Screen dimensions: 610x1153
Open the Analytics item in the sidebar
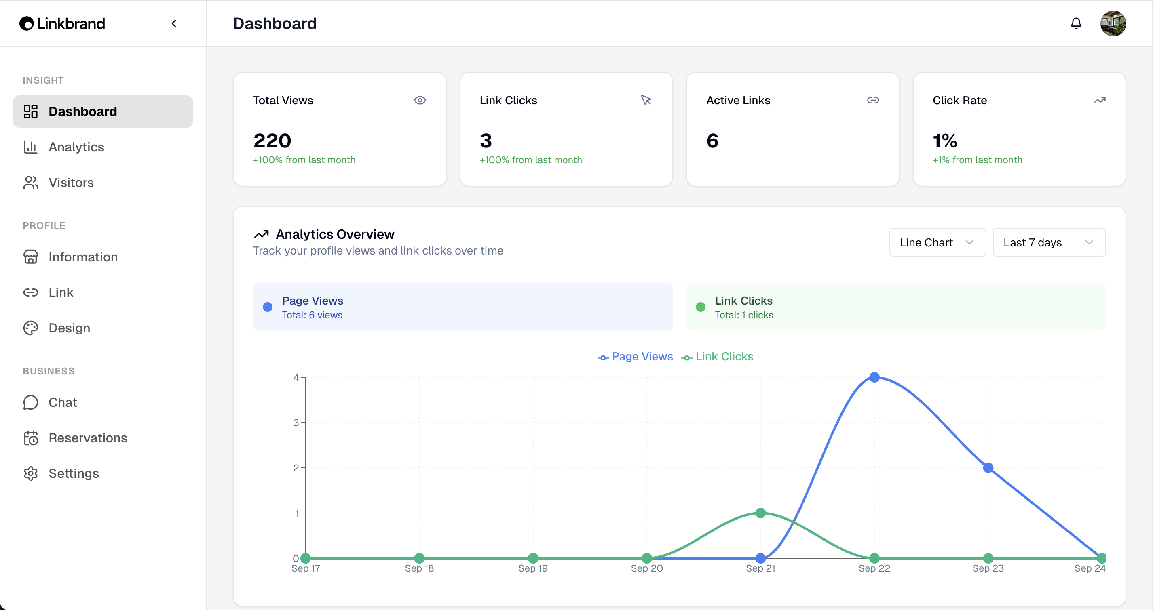(76, 147)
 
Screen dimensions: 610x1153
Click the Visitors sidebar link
(71, 183)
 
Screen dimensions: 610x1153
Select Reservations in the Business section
(88, 438)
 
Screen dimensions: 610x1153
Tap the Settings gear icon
(31, 473)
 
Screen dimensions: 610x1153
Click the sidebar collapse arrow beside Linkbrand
(174, 23)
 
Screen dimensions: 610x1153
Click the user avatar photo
(1113, 23)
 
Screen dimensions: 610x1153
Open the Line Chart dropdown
(937, 242)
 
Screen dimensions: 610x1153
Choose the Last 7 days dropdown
(1049, 242)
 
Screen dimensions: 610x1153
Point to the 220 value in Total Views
(272, 141)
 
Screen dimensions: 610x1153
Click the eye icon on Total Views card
(420, 100)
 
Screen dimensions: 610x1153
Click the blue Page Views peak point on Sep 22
(874, 377)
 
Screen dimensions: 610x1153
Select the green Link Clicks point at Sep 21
(760, 513)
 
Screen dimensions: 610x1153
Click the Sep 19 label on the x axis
(533, 568)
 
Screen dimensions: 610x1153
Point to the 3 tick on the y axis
(296, 423)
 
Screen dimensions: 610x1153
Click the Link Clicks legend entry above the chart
(718, 356)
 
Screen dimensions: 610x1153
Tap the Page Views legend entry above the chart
(635, 356)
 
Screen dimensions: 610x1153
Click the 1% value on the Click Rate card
(944, 141)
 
